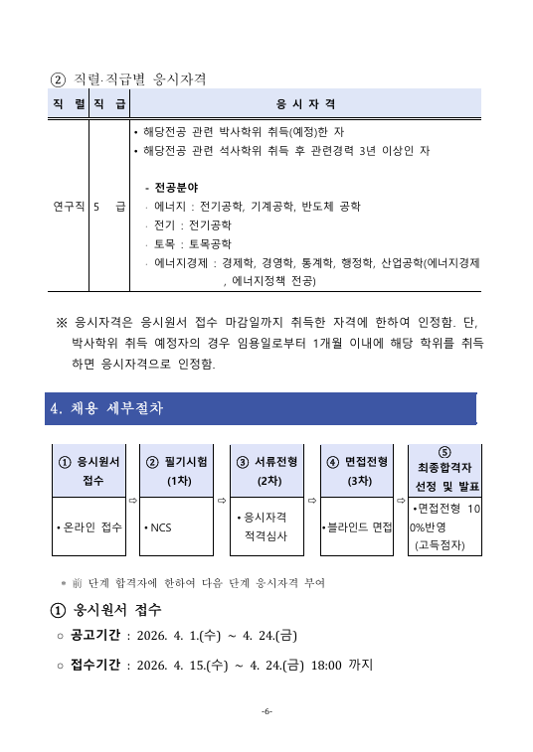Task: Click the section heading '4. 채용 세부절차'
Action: click(108, 408)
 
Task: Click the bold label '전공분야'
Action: click(176, 188)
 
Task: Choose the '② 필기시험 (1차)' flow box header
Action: click(179, 470)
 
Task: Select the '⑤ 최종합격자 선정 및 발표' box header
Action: click(444, 469)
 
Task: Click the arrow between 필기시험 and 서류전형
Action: click(223, 500)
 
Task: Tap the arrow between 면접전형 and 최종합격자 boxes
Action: click(400, 500)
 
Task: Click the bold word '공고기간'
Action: click(93, 636)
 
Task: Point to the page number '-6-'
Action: click(266, 711)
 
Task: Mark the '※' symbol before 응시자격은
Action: click(62, 322)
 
